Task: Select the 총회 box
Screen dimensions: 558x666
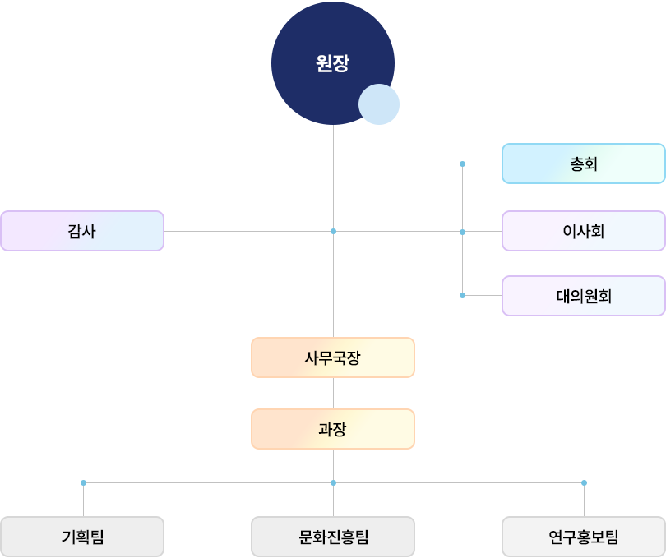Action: (583, 164)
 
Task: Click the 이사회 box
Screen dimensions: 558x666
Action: (583, 231)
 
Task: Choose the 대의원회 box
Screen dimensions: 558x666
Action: (583, 295)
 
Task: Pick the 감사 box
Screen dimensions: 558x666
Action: (81, 231)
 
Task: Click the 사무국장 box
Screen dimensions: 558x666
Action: (332, 357)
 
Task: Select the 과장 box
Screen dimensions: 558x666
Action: (332, 429)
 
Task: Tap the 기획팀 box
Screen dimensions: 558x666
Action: (82, 537)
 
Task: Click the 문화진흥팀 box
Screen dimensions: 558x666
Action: (332, 537)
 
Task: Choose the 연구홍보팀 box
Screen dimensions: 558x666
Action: (583, 537)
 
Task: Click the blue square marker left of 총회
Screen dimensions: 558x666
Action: (462, 164)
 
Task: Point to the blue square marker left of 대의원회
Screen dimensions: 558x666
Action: (462, 295)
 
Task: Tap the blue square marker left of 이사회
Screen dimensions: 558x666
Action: (462, 232)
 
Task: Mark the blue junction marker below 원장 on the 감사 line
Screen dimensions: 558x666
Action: (333, 232)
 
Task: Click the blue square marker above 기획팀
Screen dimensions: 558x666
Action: (83, 482)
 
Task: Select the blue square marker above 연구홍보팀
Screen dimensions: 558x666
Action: (584, 482)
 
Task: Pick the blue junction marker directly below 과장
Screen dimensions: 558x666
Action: (333, 482)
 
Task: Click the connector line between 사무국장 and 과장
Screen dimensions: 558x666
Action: (333, 393)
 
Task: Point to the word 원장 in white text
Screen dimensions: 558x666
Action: (332, 63)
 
